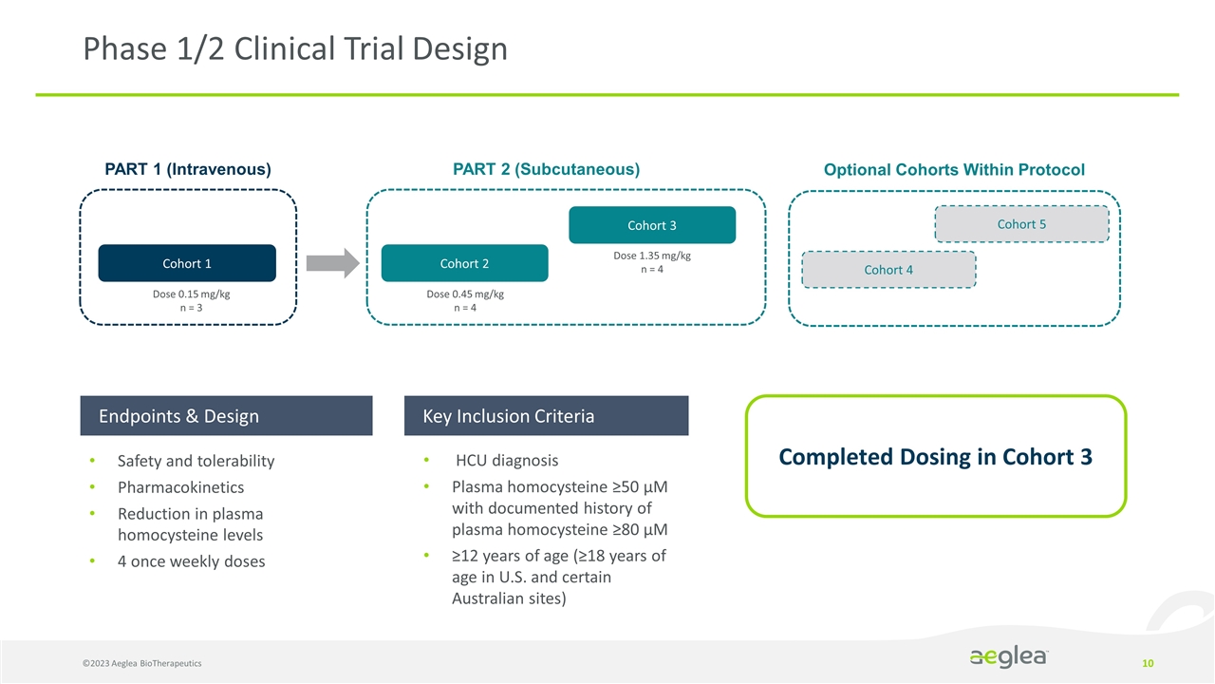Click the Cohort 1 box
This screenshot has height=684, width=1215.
[x=187, y=263]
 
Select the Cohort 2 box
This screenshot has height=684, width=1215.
[x=464, y=263]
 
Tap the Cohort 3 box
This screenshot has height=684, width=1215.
[x=652, y=225]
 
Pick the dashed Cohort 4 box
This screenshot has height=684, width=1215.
[x=888, y=270]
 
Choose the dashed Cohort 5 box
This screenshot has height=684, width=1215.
[x=1021, y=224]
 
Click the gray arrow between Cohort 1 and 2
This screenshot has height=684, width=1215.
[x=333, y=263]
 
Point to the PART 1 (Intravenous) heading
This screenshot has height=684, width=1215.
[x=188, y=170]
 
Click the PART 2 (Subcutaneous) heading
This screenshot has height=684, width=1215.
[x=547, y=169]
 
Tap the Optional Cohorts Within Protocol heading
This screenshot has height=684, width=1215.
[x=954, y=170]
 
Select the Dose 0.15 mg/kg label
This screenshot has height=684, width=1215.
[x=187, y=294]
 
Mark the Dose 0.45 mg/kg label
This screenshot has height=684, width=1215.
[x=465, y=294]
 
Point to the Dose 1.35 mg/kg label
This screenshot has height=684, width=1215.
[x=652, y=256]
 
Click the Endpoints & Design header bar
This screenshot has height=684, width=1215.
[x=226, y=416]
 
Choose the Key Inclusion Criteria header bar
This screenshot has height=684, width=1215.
[x=546, y=416]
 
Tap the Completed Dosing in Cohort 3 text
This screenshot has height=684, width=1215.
[x=935, y=457]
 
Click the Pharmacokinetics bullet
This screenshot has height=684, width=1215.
[x=180, y=487]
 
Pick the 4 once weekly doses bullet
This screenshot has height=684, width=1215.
[x=191, y=561]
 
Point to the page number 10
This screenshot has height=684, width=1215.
[x=1148, y=662]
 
